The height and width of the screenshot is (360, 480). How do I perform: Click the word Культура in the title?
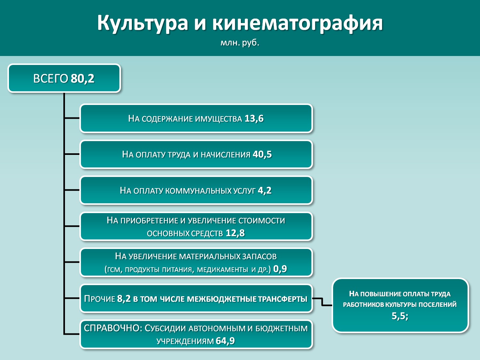point(143,23)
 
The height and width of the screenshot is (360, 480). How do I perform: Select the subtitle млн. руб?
point(240,43)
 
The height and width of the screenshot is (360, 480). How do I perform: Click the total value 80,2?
point(83,78)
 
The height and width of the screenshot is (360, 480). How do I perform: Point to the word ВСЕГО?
point(51,78)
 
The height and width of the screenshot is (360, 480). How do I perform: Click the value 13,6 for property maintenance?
point(254,118)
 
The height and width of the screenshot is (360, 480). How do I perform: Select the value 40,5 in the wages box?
point(262,154)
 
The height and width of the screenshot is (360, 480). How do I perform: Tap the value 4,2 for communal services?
point(265,190)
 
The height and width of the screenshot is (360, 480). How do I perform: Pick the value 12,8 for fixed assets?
point(235,233)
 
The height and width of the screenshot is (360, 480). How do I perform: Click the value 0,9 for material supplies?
point(280,269)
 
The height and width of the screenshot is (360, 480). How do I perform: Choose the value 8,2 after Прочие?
point(124,299)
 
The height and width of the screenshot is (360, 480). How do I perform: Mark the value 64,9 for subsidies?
point(225,341)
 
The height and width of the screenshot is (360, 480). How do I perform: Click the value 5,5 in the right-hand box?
point(400,316)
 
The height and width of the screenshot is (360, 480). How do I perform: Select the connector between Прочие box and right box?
point(322,302)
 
